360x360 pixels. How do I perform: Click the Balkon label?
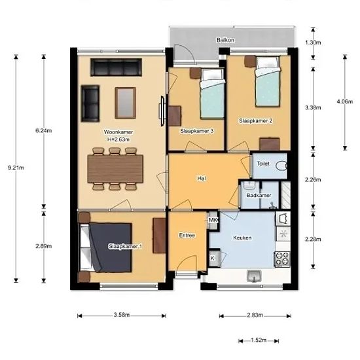(225, 40)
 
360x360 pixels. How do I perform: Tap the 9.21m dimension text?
(16, 168)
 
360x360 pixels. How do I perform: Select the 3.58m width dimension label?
(122, 315)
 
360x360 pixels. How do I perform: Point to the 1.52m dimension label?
(259, 340)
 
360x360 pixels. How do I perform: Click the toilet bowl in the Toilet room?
(281, 166)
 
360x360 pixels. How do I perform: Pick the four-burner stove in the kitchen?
(282, 259)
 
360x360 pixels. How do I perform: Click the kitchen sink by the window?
(254, 276)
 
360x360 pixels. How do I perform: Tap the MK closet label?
(213, 220)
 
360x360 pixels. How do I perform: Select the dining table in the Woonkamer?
(115, 169)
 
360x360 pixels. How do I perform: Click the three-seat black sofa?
(116, 67)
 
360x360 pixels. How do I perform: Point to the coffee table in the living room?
(125, 103)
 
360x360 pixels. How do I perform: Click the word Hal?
(202, 179)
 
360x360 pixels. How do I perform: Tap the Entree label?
(187, 236)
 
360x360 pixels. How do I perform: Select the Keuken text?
(242, 238)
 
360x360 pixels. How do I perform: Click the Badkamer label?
(259, 196)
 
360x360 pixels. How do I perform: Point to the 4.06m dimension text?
(344, 101)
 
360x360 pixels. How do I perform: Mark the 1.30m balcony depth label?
(313, 43)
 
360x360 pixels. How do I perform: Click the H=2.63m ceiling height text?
(118, 139)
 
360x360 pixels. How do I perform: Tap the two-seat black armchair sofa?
(90, 103)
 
